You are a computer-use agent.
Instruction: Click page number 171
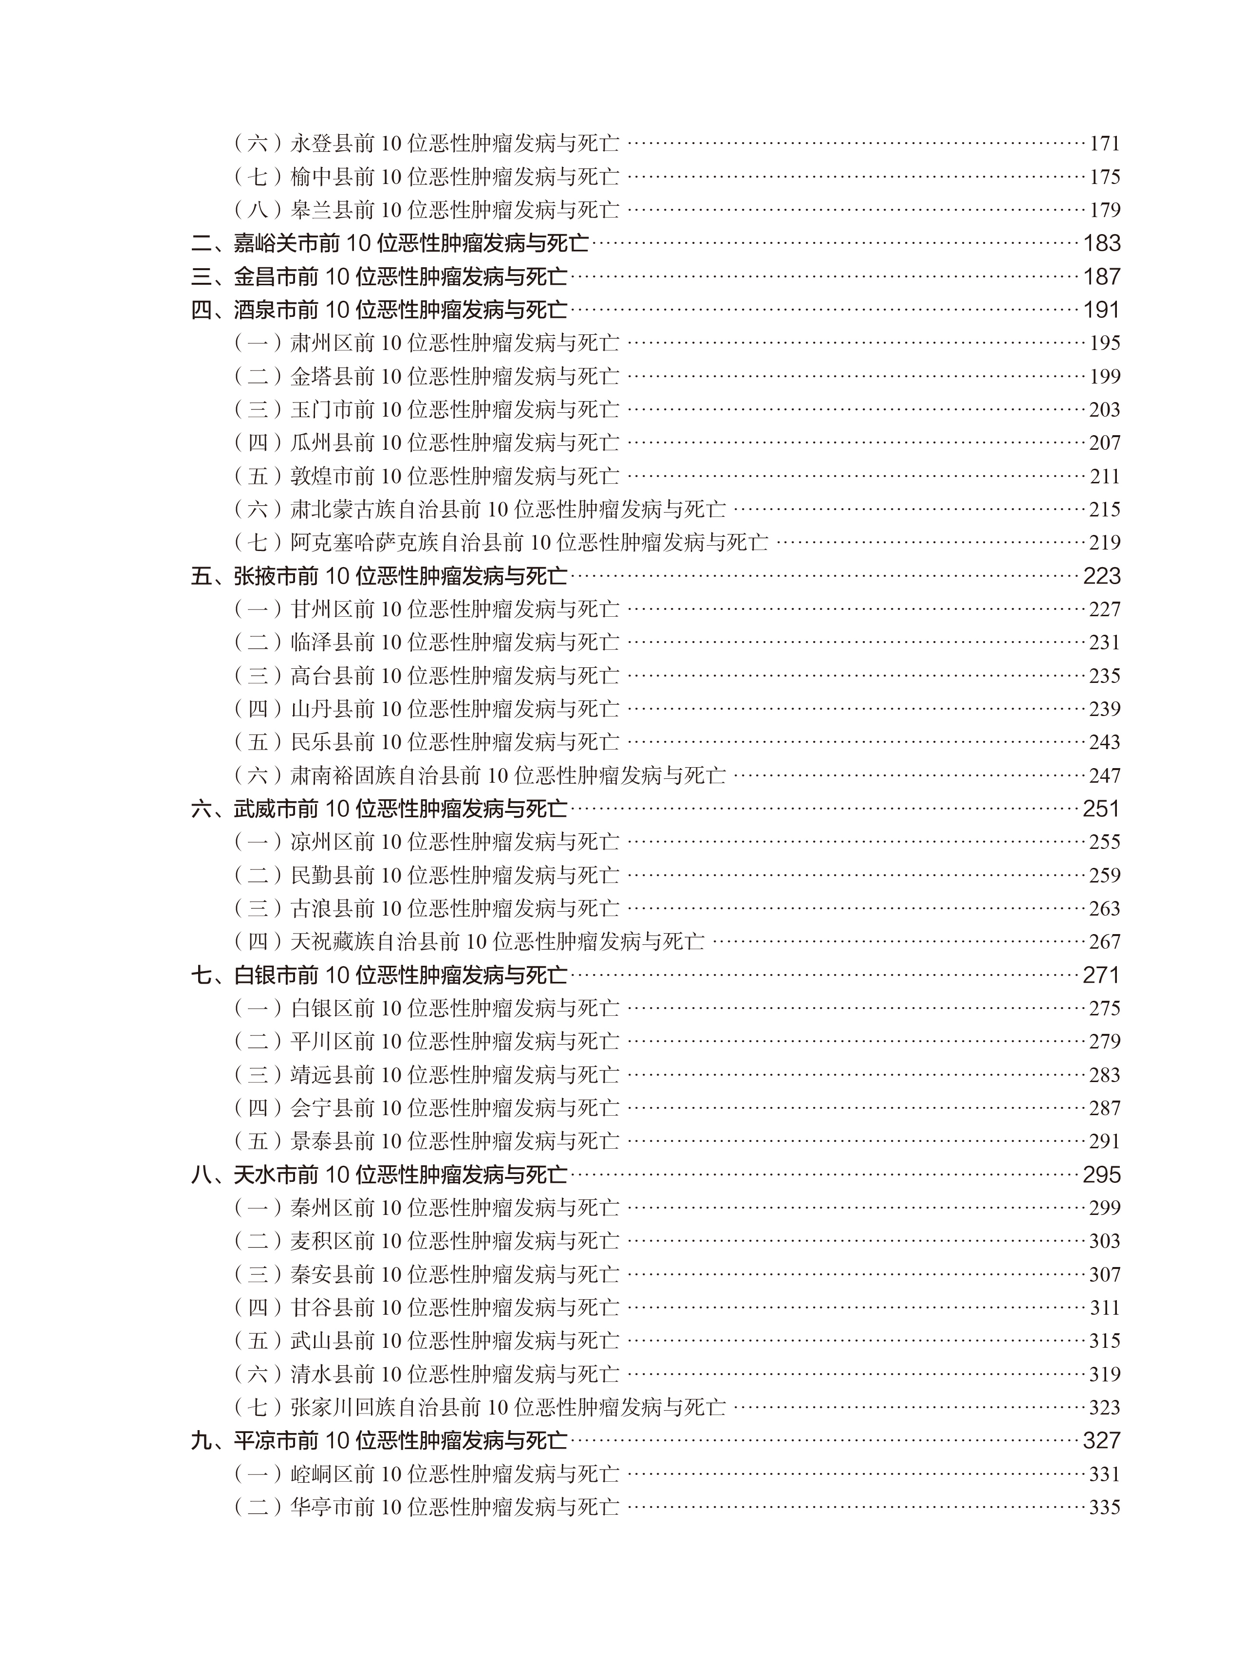[1104, 143]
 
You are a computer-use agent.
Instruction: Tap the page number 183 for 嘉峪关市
[1101, 243]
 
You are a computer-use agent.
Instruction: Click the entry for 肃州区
[426, 343]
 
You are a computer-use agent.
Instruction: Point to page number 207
[1104, 442]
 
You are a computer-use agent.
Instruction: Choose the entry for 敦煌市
[426, 476]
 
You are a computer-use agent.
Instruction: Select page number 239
[1104, 709]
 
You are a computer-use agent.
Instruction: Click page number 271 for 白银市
[1101, 975]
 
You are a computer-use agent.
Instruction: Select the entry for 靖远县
[426, 1075]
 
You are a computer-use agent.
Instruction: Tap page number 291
[1104, 1141]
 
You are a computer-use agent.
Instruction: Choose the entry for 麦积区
[426, 1241]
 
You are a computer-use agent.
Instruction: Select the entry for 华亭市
[426, 1507]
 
